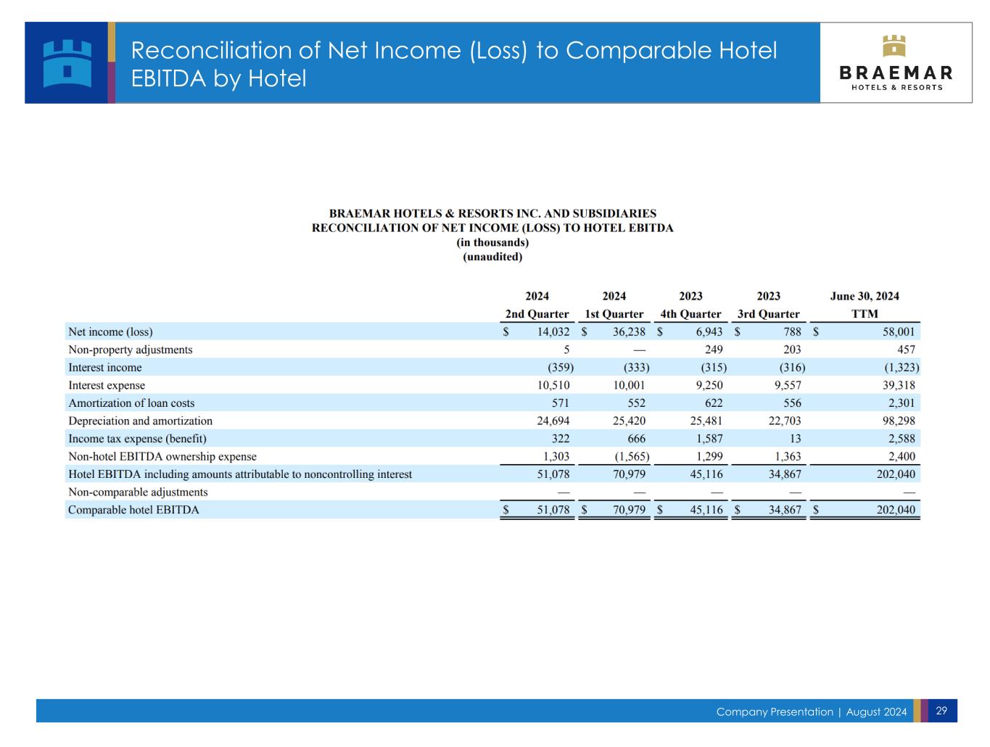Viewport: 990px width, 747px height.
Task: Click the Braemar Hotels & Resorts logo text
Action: pos(896,78)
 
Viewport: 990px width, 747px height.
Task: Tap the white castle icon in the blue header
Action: pos(67,63)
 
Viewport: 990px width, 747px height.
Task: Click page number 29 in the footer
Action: pos(941,711)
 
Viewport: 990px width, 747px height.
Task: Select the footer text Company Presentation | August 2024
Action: pos(811,712)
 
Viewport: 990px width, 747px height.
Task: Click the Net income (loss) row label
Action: pos(110,332)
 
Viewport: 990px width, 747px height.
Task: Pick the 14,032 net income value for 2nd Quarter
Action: pos(553,332)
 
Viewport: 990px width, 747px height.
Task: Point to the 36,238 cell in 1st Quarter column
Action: pos(629,332)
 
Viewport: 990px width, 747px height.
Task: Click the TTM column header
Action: pos(865,314)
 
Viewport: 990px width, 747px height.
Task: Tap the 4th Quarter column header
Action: pos(690,314)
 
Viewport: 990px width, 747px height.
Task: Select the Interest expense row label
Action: pos(107,386)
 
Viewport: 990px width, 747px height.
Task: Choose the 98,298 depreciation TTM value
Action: pos(899,421)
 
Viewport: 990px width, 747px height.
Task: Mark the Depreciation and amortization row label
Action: pos(140,421)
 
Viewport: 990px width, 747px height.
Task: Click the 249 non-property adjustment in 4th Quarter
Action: pos(714,350)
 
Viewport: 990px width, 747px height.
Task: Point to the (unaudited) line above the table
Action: pos(492,257)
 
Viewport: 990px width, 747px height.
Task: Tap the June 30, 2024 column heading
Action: pos(865,296)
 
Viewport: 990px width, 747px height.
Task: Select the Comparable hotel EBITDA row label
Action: pos(133,510)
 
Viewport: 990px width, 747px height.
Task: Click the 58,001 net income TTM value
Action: pos(899,332)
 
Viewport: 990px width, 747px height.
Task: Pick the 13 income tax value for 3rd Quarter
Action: pos(796,439)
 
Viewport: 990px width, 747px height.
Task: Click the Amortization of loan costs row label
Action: pos(131,403)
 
